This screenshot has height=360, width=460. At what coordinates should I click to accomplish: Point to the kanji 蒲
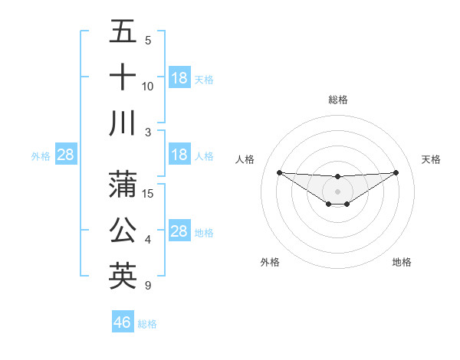pyautogui.click(x=123, y=184)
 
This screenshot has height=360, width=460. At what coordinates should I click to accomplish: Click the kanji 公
pyautogui.click(x=123, y=230)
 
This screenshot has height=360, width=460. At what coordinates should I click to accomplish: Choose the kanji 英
pyautogui.click(x=123, y=276)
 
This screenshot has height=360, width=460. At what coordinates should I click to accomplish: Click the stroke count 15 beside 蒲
pyautogui.click(x=149, y=193)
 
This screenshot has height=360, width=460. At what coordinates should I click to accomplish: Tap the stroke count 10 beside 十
pyautogui.click(x=148, y=86)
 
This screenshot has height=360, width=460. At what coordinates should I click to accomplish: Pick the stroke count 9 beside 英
pyautogui.click(x=147, y=286)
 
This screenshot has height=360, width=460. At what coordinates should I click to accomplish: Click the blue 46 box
pyautogui.click(x=123, y=322)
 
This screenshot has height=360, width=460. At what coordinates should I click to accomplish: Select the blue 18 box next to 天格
pyautogui.click(x=179, y=77)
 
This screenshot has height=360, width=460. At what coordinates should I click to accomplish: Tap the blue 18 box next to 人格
pyautogui.click(x=179, y=155)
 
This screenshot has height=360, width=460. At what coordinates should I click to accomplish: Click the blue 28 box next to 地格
pyautogui.click(x=179, y=231)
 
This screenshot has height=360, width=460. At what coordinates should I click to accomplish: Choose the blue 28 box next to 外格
pyautogui.click(x=66, y=155)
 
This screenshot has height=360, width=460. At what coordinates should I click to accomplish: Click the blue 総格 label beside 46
pyautogui.click(x=147, y=324)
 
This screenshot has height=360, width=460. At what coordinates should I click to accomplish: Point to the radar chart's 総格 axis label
pyautogui.click(x=338, y=100)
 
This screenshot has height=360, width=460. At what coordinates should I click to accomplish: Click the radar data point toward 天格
pyautogui.click(x=396, y=172)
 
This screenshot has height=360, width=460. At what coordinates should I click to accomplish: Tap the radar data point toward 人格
pyautogui.click(x=279, y=172)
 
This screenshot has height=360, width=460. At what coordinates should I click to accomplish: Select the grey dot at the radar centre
pyautogui.click(x=338, y=191)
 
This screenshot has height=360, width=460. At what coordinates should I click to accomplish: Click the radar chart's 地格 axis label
pyautogui.click(x=402, y=262)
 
